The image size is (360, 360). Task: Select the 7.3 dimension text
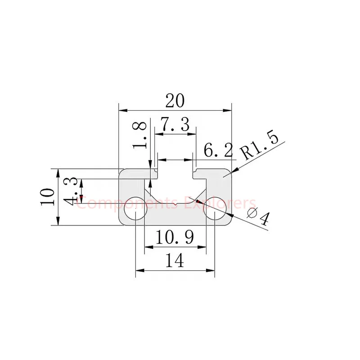(x=175, y=125)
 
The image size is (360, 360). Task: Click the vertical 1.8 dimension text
(x=141, y=134)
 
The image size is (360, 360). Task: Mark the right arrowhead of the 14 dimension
(x=211, y=270)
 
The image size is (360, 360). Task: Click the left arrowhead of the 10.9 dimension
(x=147, y=246)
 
